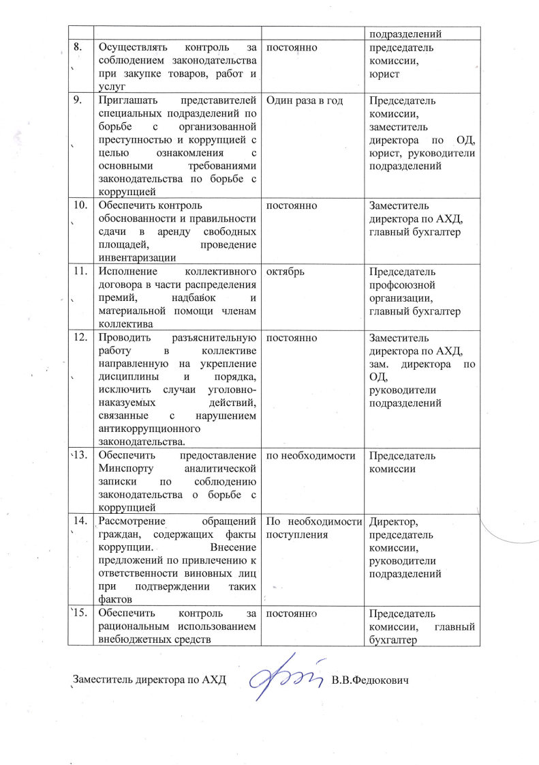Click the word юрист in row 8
(383, 74)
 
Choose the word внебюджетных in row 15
(136, 639)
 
